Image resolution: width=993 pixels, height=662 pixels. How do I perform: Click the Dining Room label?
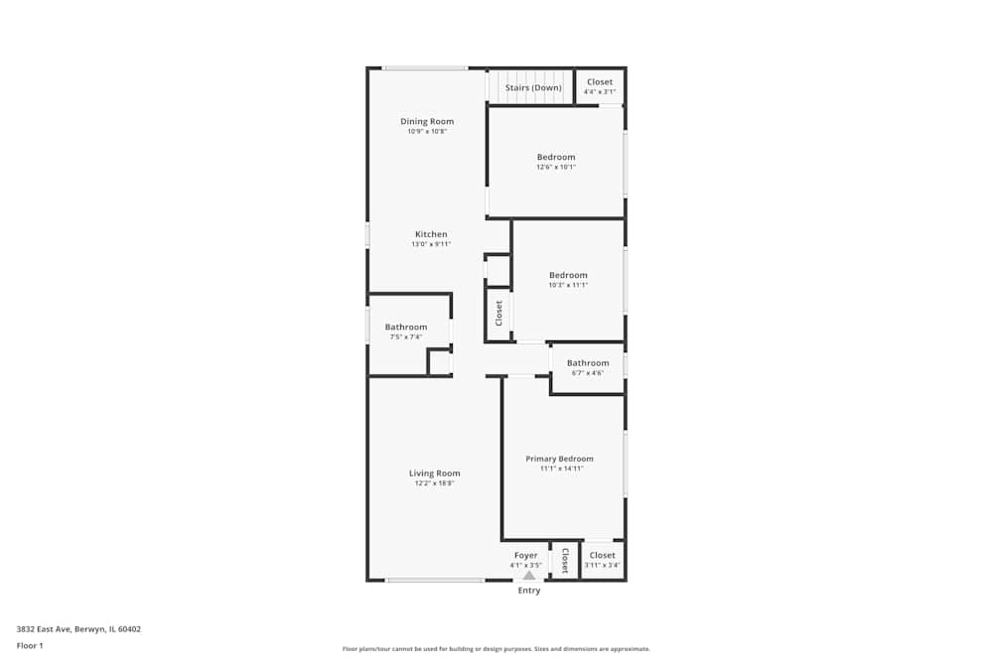click(x=427, y=121)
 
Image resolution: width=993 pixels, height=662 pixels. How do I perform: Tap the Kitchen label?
click(x=431, y=234)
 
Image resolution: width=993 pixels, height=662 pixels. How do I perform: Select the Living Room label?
click(x=435, y=473)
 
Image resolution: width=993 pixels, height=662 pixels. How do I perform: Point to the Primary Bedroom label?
click(x=560, y=459)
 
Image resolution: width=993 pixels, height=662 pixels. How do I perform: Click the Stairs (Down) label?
click(x=533, y=87)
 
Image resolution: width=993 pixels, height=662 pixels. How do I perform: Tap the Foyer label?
click(x=525, y=555)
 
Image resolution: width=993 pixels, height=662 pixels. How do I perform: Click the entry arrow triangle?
click(x=529, y=575)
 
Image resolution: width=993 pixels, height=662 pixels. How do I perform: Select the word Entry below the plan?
click(x=529, y=591)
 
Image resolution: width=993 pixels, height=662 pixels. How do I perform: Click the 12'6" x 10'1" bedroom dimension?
click(x=556, y=167)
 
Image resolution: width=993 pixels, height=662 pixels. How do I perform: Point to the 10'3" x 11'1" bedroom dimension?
click(x=568, y=285)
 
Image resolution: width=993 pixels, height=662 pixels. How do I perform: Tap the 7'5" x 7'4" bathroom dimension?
click(x=405, y=337)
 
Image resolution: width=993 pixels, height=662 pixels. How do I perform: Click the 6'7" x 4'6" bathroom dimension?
click(x=588, y=373)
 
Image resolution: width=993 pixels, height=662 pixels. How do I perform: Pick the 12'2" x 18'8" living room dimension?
click(x=435, y=483)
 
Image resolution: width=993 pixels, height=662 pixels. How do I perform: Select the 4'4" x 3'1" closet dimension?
click(x=600, y=92)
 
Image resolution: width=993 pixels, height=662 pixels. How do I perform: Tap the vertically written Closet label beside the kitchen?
click(x=499, y=314)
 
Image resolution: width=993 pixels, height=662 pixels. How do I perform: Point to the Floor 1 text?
click(x=30, y=645)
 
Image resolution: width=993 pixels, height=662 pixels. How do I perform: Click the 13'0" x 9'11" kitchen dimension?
click(x=431, y=244)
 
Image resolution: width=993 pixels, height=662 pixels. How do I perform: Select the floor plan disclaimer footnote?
click(x=496, y=649)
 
